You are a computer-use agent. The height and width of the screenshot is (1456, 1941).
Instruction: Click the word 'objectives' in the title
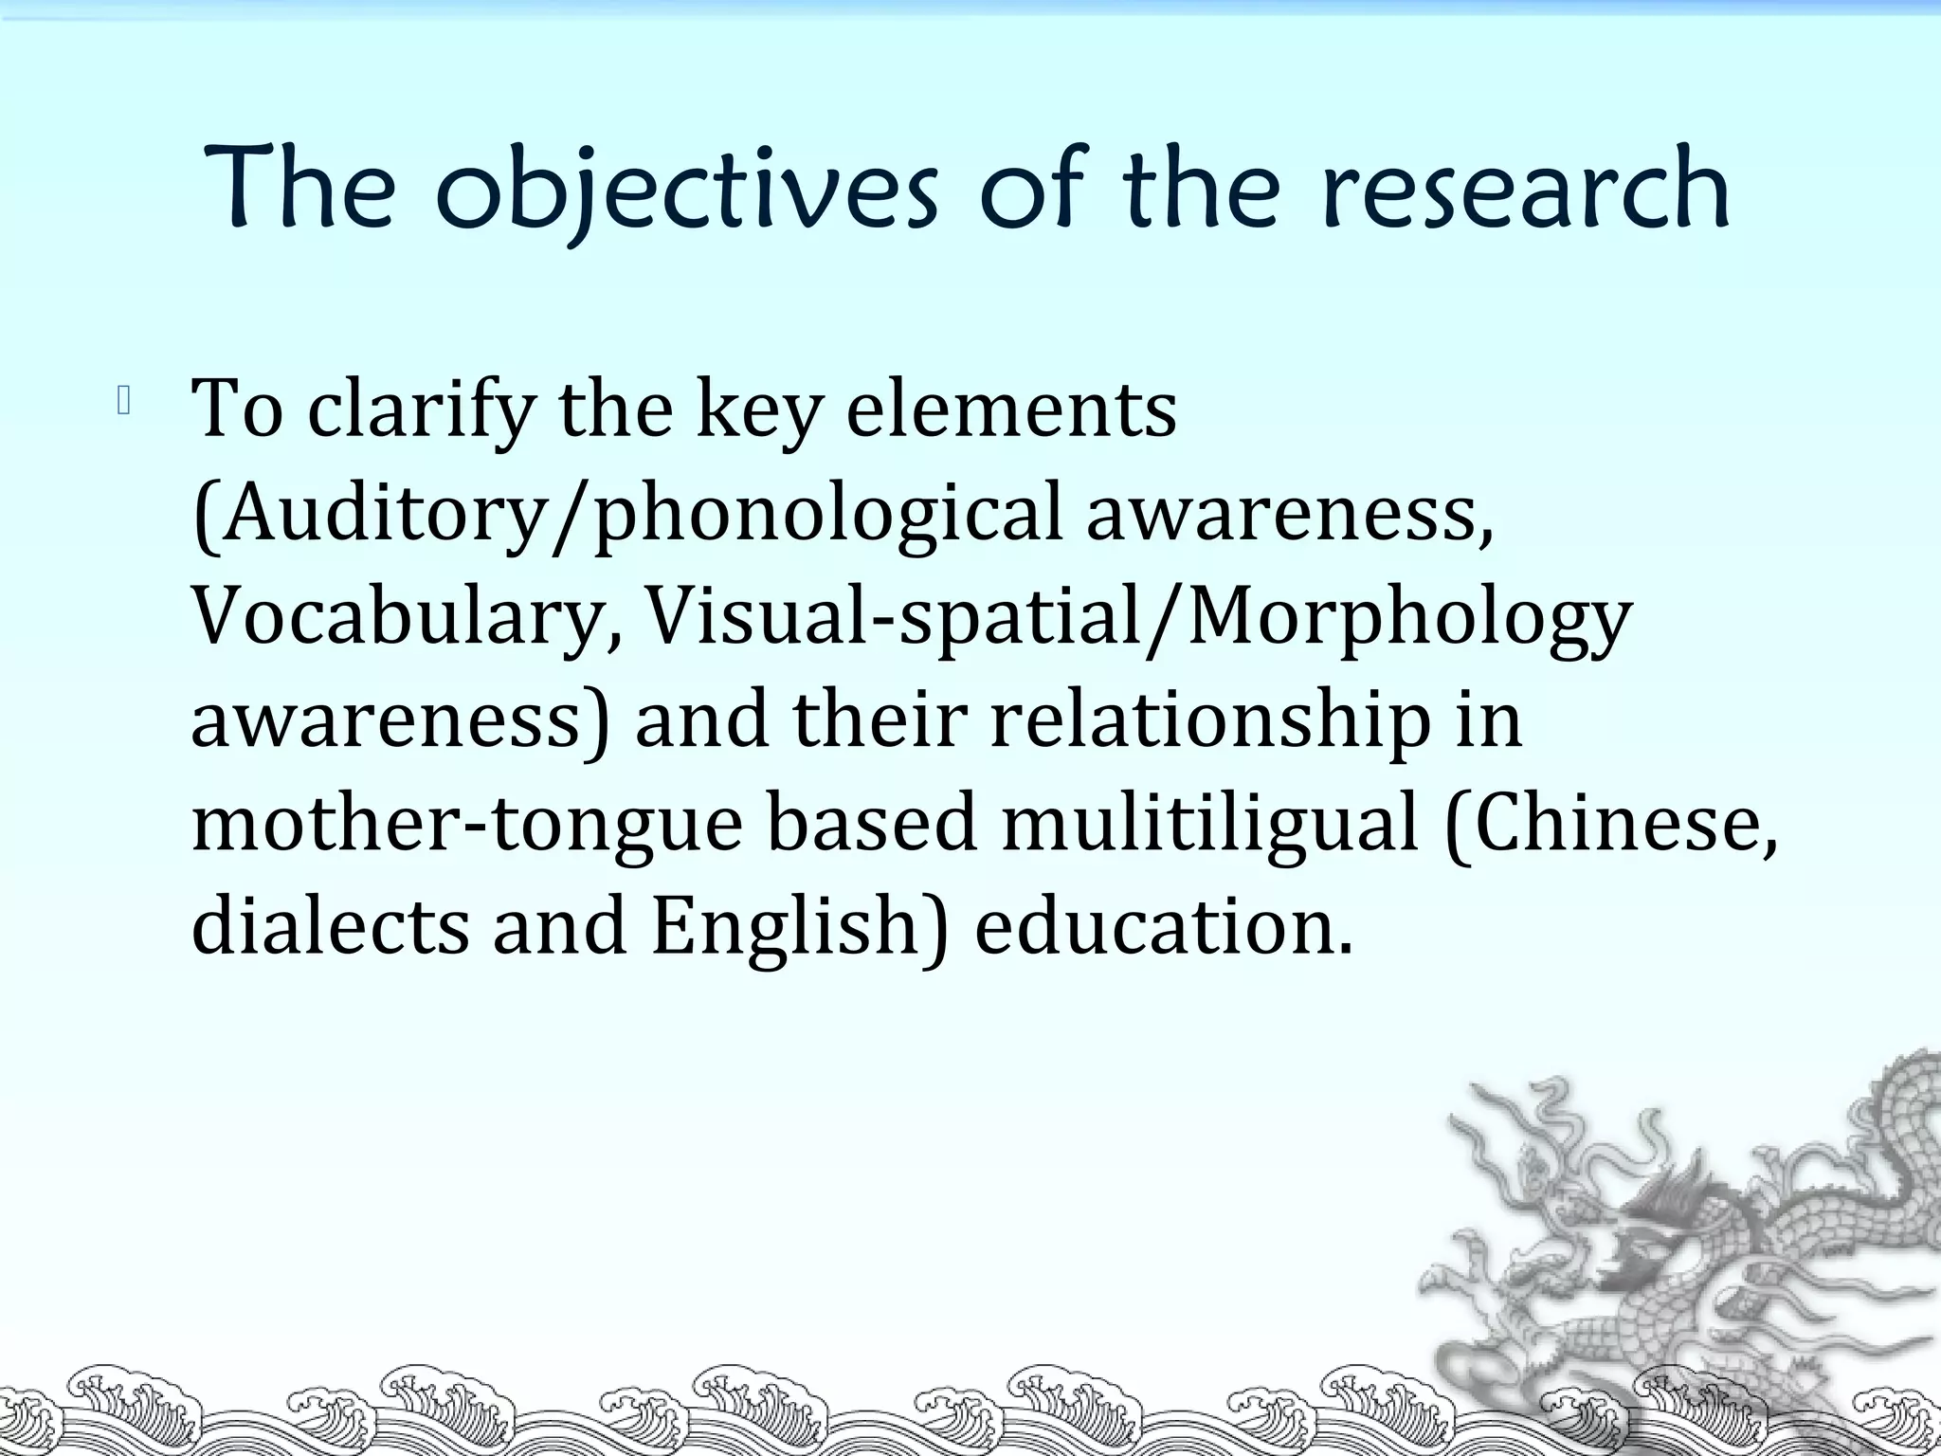pyautogui.click(x=687, y=190)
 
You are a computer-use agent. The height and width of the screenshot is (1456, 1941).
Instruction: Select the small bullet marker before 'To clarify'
pyautogui.click(x=123, y=403)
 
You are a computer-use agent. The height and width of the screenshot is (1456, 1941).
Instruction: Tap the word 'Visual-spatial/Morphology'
pyautogui.click(x=1138, y=616)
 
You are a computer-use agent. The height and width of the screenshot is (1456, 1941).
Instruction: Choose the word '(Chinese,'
pyautogui.click(x=1612, y=823)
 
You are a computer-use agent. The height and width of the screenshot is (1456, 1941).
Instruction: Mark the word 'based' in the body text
pyautogui.click(x=871, y=823)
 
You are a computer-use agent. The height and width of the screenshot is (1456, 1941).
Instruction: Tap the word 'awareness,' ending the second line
pyautogui.click(x=1290, y=513)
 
